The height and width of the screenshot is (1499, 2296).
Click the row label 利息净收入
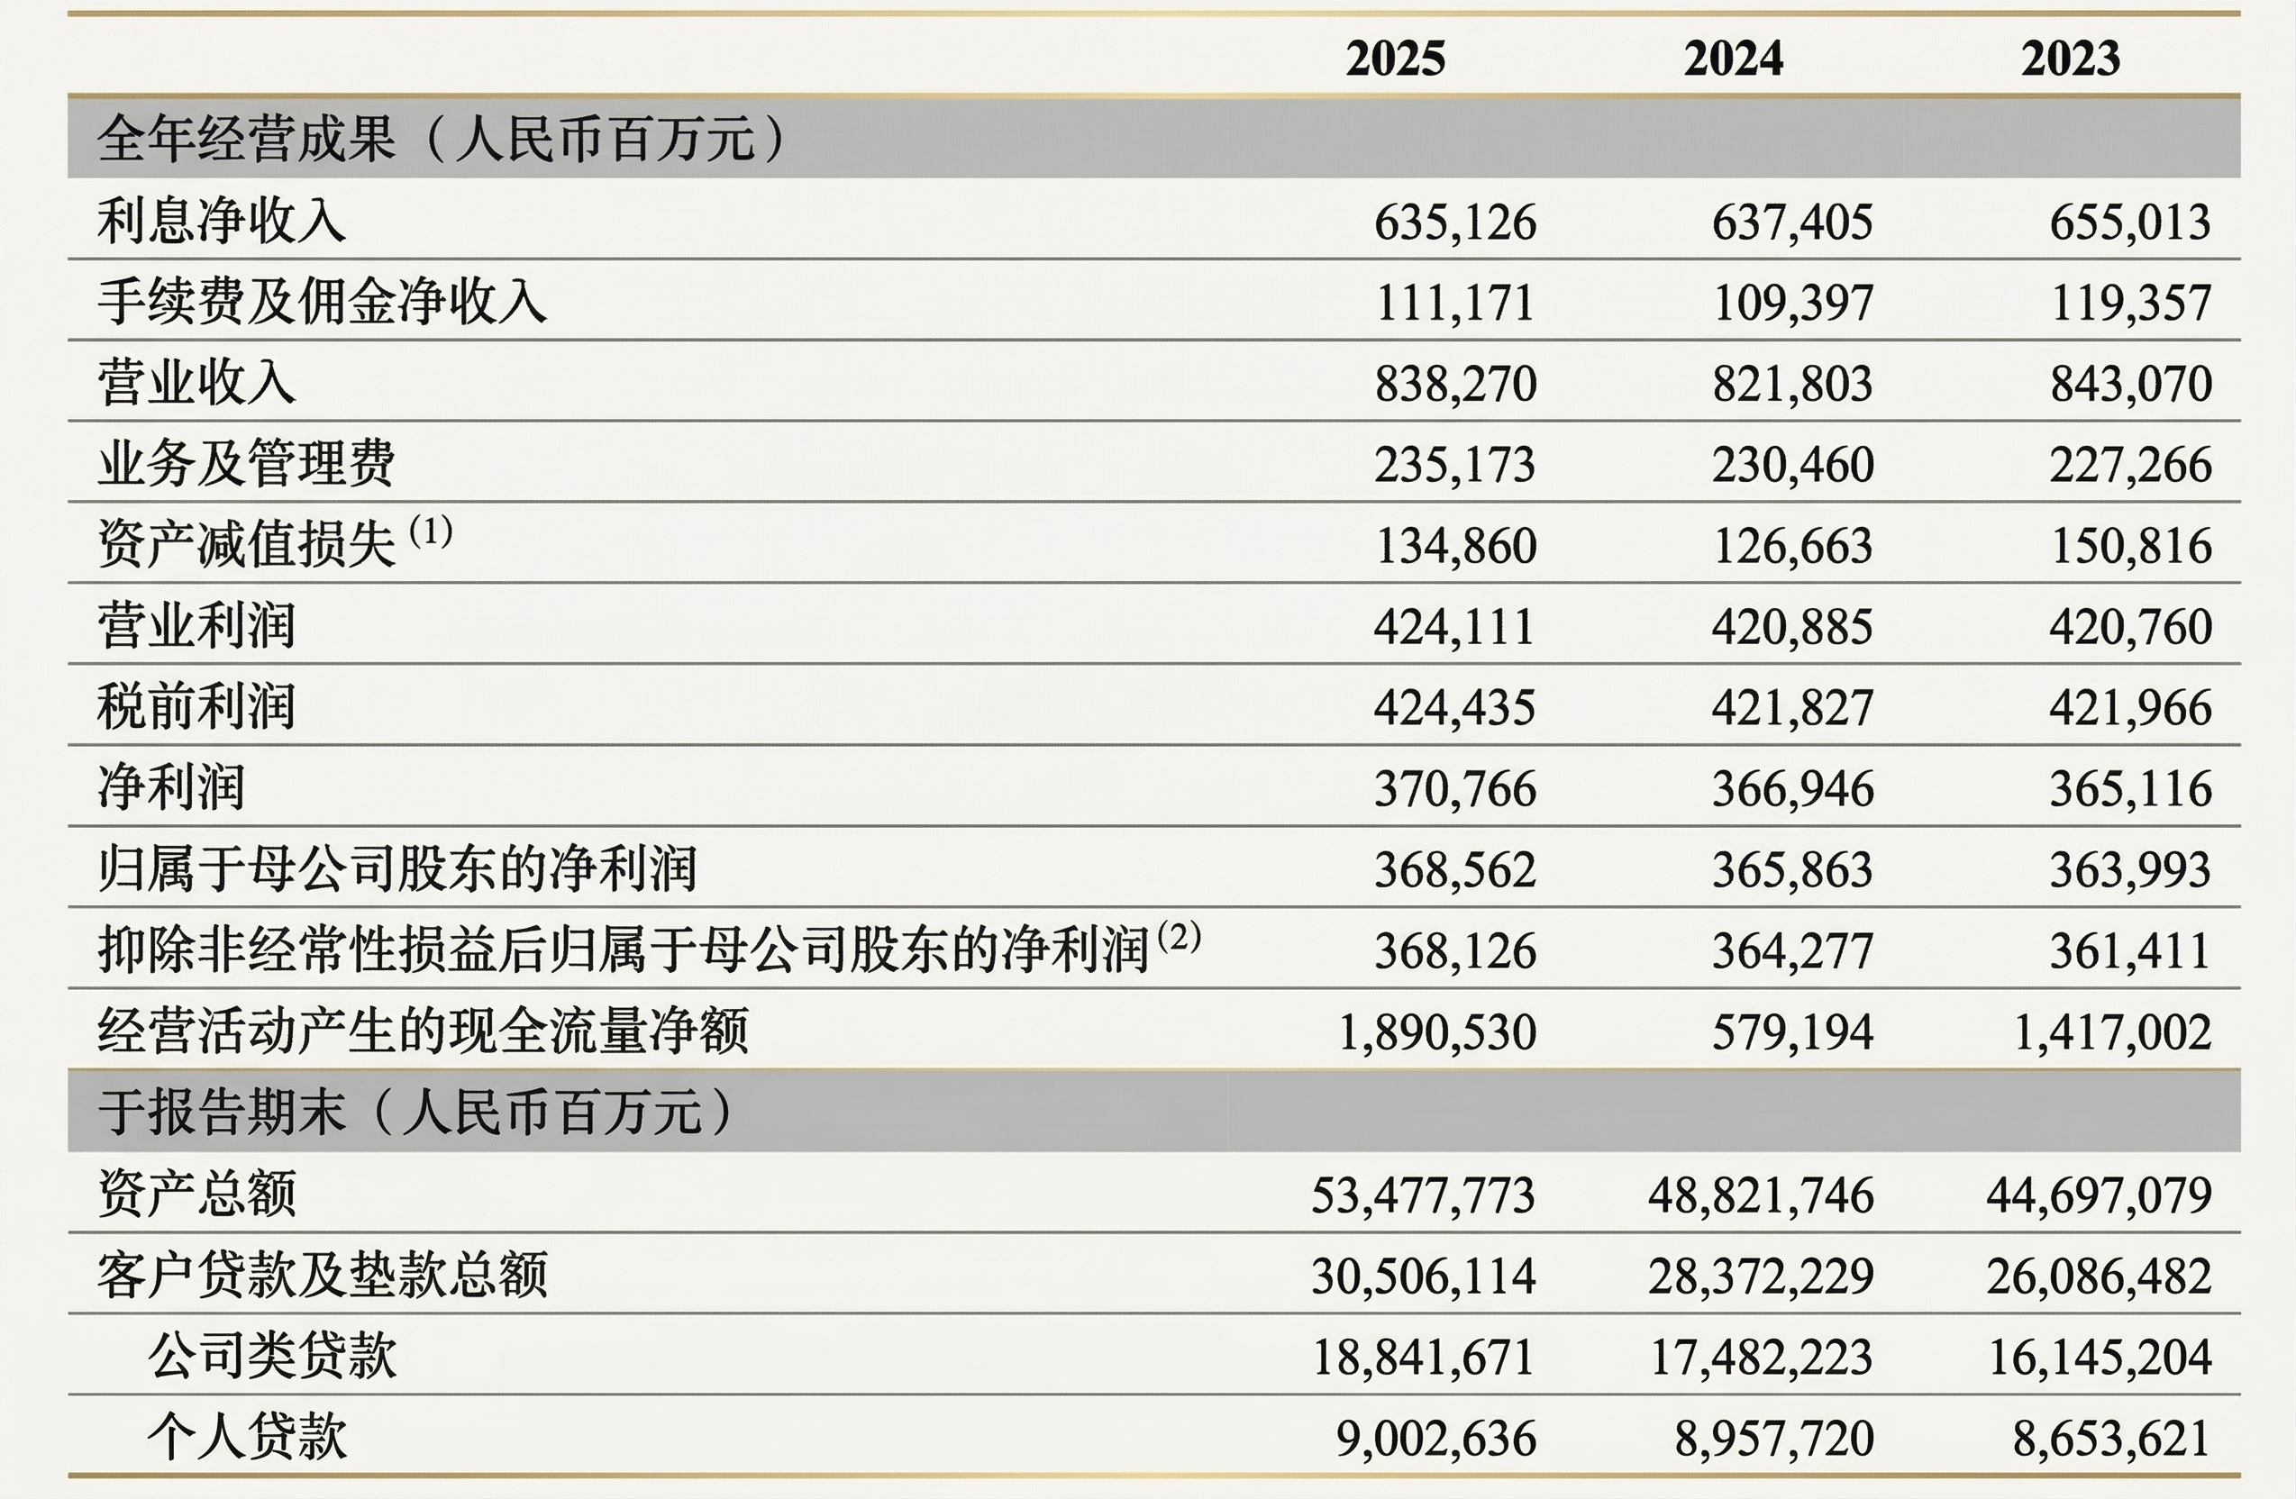coord(221,220)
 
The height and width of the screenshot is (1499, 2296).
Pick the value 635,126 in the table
coord(1454,222)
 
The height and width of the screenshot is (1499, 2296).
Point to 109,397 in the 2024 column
coord(1792,303)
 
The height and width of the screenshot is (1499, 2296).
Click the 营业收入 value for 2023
coord(2130,384)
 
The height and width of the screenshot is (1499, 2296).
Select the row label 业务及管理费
coord(246,463)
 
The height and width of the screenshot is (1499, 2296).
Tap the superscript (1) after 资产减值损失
coord(430,531)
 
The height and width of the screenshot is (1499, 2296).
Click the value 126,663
coord(1792,546)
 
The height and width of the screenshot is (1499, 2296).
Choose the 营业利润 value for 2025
coord(1454,627)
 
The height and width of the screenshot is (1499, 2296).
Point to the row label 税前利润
coord(196,706)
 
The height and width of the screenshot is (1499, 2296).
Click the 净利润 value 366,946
coord(1792,789)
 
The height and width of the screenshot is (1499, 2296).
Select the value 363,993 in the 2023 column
coord(2130,870)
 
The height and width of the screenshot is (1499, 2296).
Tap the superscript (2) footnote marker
coord(1179,936)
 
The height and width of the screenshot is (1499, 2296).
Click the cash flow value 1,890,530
coord(1437,1032)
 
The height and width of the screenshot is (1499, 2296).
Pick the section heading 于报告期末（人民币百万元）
coord(415,1112)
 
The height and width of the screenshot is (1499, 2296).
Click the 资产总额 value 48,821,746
coord(1761,1195)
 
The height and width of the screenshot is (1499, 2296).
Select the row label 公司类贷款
coord(272,1355)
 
